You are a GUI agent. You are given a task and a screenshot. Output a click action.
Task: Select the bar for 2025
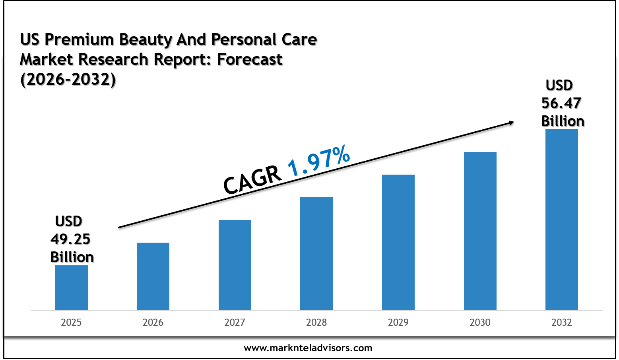72,288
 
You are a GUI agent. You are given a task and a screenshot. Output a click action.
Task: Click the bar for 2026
153,276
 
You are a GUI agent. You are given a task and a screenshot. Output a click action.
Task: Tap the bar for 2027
235,265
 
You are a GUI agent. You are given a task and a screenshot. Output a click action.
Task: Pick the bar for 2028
316,254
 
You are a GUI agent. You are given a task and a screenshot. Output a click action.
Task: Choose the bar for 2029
398,242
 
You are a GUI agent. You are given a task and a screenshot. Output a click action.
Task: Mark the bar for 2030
480,231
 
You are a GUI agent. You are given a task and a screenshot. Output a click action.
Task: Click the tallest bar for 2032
562,220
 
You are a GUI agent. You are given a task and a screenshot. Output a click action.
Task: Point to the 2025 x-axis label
72,322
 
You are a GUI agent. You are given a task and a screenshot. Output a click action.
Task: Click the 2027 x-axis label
235,322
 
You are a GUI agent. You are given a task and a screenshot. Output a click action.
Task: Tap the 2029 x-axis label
398,322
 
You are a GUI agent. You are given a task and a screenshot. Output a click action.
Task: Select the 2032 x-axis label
562,322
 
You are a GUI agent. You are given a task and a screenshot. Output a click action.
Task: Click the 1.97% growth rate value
319,161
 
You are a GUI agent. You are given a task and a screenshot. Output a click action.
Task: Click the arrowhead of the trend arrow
510,123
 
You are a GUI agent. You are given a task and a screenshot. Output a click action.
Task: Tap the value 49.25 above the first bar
70,239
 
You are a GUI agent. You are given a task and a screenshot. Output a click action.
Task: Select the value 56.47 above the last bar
561,103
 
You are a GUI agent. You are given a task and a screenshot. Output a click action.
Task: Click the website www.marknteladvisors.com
308,348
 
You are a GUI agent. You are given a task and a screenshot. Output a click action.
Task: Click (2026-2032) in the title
68,80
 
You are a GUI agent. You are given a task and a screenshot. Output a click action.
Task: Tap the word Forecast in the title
250,60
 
